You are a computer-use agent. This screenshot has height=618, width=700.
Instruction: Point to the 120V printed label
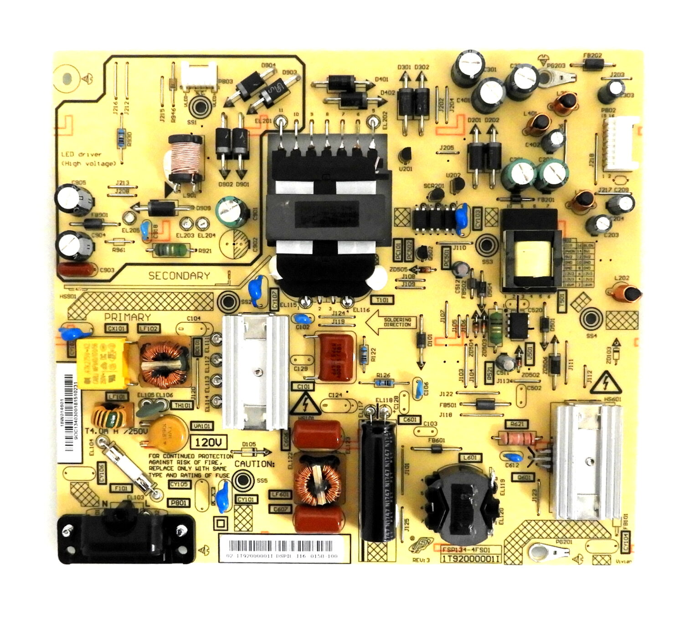pyautogui.click(x=211, y=442)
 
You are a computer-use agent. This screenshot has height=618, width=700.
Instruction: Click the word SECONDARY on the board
pyautogui.click(x=179, y=276)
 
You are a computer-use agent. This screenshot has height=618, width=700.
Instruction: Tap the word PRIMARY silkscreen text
pyautogui.click(x=128, y=317)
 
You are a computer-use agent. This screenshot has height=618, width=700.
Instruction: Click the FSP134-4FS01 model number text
pyautogui.click(x=464, y=550)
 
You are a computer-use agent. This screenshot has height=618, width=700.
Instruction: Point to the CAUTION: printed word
pyautogui.click(x=255, y=464)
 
